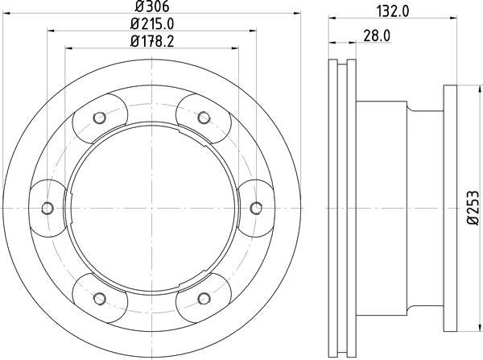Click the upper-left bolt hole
[99, 118]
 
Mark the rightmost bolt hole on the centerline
[256, 208]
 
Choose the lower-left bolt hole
[99, 298]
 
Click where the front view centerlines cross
[151, 208]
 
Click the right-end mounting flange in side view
[451, 208]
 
